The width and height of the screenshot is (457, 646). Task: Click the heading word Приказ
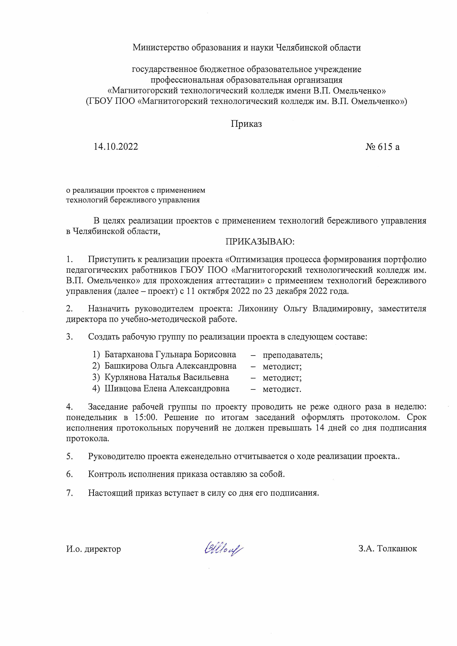[246, 124]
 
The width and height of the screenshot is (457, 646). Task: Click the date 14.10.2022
[116, 147]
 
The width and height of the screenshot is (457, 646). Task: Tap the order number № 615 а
[382, 147]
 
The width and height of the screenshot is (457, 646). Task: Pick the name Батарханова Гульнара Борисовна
[170, 355]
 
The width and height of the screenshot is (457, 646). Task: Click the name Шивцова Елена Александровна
[167, 389]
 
